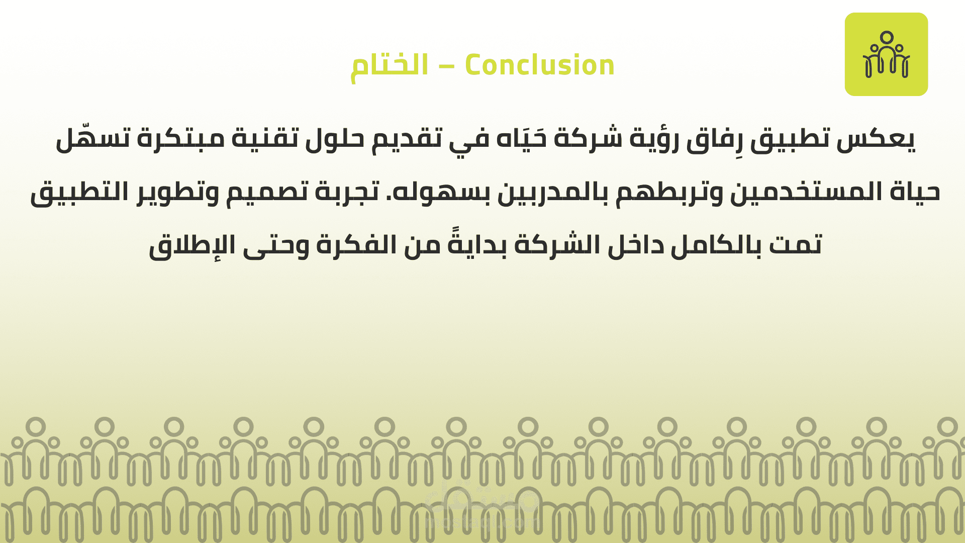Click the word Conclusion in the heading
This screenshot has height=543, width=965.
(x=539, y=65)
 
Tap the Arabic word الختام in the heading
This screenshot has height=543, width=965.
(x=390, y=67)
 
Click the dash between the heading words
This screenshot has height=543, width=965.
(x=447, y=67)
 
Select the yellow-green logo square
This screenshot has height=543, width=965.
(x=886, y=54)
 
